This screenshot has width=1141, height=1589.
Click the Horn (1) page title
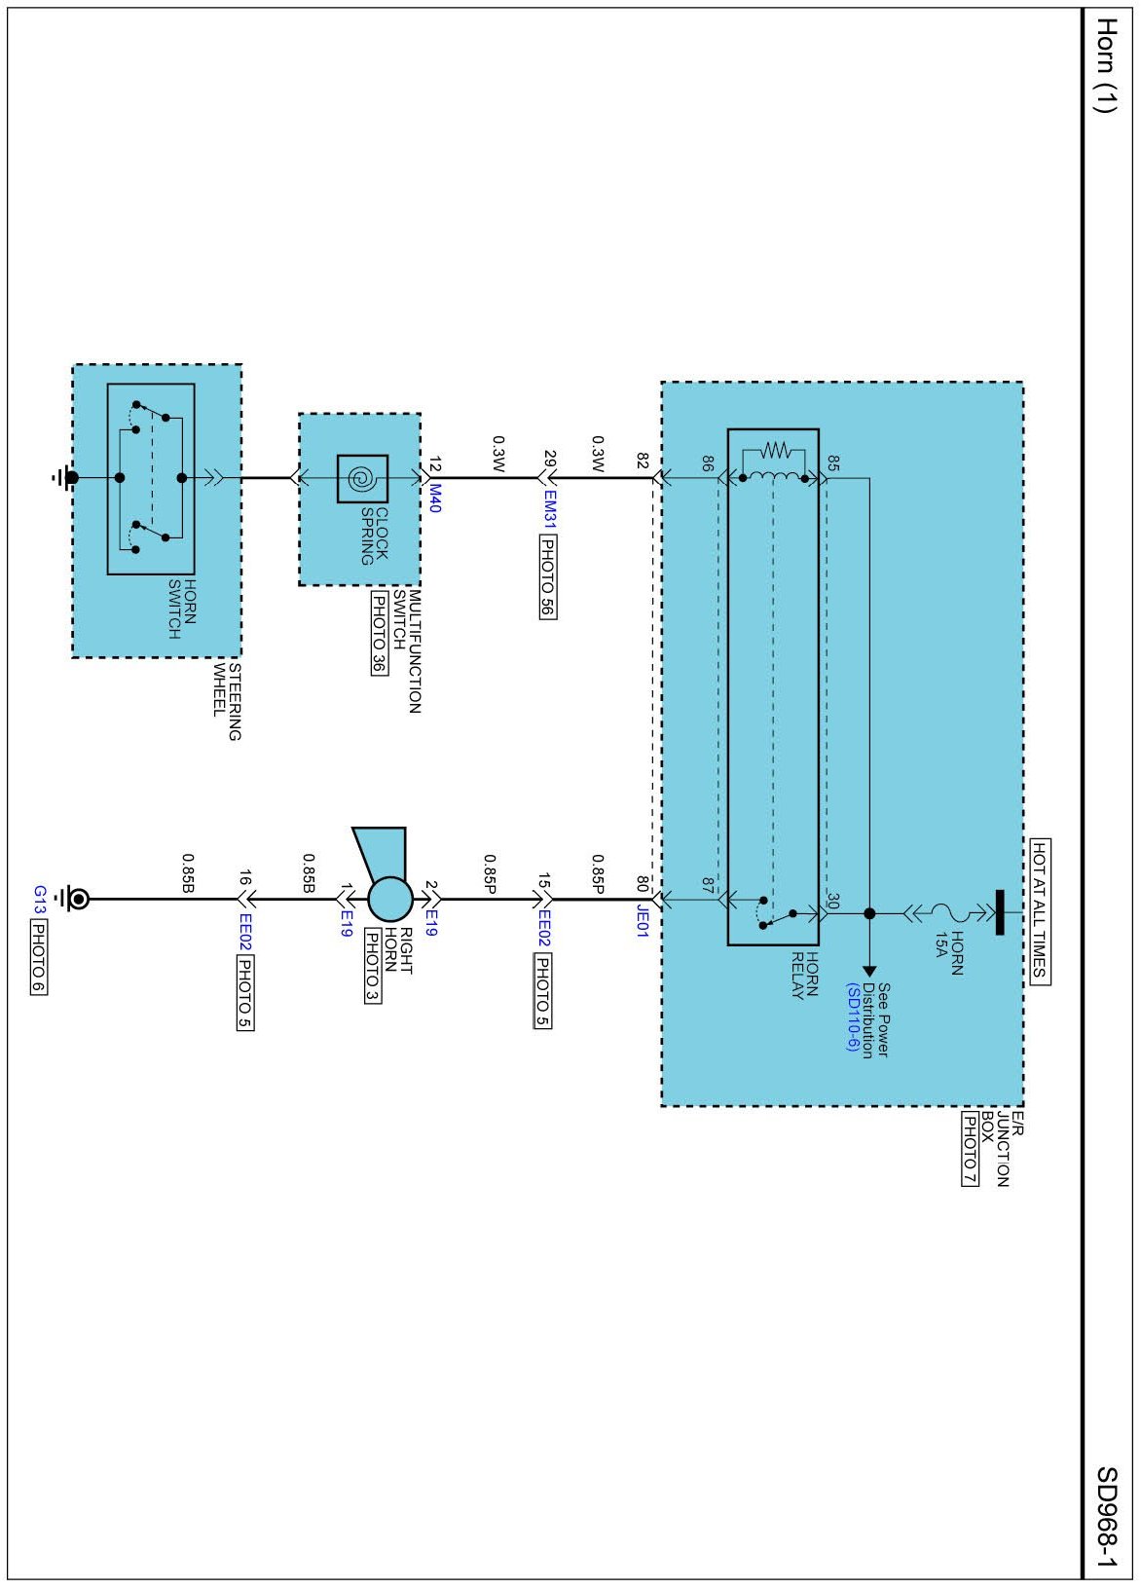point(1106,65)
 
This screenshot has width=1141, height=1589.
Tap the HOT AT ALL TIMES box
point(1040,911)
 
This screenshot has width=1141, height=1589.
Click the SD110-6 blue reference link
point(853,1018)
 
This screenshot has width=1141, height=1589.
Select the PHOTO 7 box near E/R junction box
point(970,1149)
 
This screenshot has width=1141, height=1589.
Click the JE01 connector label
point(643,920)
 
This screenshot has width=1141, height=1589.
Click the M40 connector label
point(435,499)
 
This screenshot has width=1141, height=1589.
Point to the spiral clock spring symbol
point(362,478)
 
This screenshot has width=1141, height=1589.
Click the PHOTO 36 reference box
point(379,634)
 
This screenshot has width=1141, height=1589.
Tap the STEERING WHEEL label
point(227,701)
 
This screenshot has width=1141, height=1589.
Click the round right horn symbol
point(390,899)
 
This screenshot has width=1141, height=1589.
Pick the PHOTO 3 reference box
point(372,965)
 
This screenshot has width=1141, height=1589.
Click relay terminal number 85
point(833,463)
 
